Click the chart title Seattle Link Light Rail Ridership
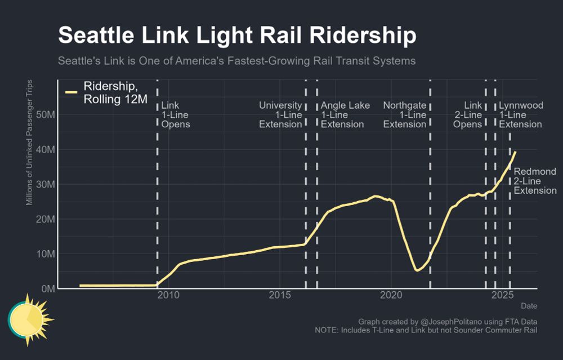click(x=237, y=35)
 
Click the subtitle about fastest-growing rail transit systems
click(x=236, y=60)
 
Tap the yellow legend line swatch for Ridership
click(x=72, y=92)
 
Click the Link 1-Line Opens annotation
click(x=176, y=115)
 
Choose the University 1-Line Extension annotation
click(x=280, y=115)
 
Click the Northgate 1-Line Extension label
click(x=405, y=115)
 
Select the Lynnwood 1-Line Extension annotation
click(x=521, y=115)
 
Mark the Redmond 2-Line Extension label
click(x=535, y=181)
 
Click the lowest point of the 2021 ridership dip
click(x=417, y=270)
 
